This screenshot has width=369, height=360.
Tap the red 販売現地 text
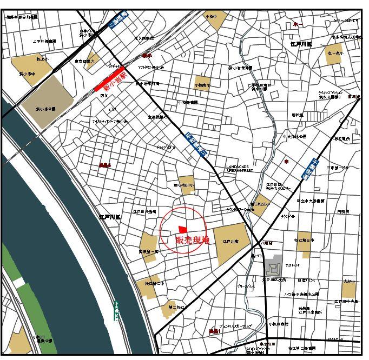click(x=192, y=240)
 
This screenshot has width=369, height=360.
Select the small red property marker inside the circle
click(x=182, y=229)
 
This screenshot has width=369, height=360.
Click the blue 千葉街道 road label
click(x=309, y=167)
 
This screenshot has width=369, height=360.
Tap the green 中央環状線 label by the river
click(x=116, y=311)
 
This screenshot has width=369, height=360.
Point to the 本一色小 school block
click(x=334, y=55)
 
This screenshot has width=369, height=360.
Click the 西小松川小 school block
click(x=186, y=184)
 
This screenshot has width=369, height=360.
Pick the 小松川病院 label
click(x=278, y=324)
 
